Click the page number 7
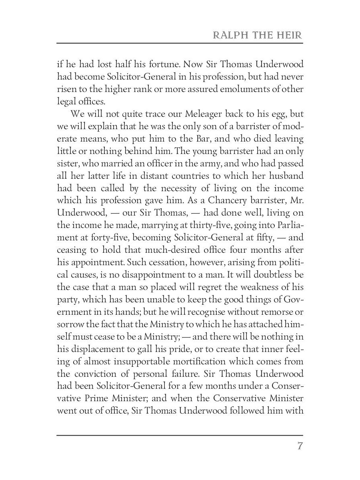click(300, 446)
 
